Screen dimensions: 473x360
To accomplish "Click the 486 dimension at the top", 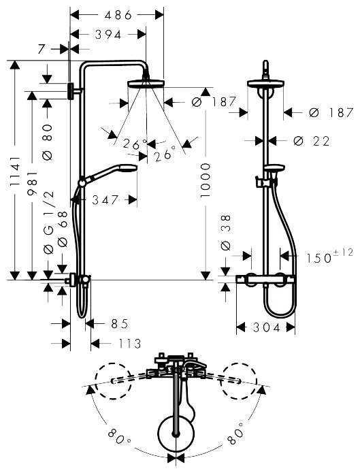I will click(x=118, y=14).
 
